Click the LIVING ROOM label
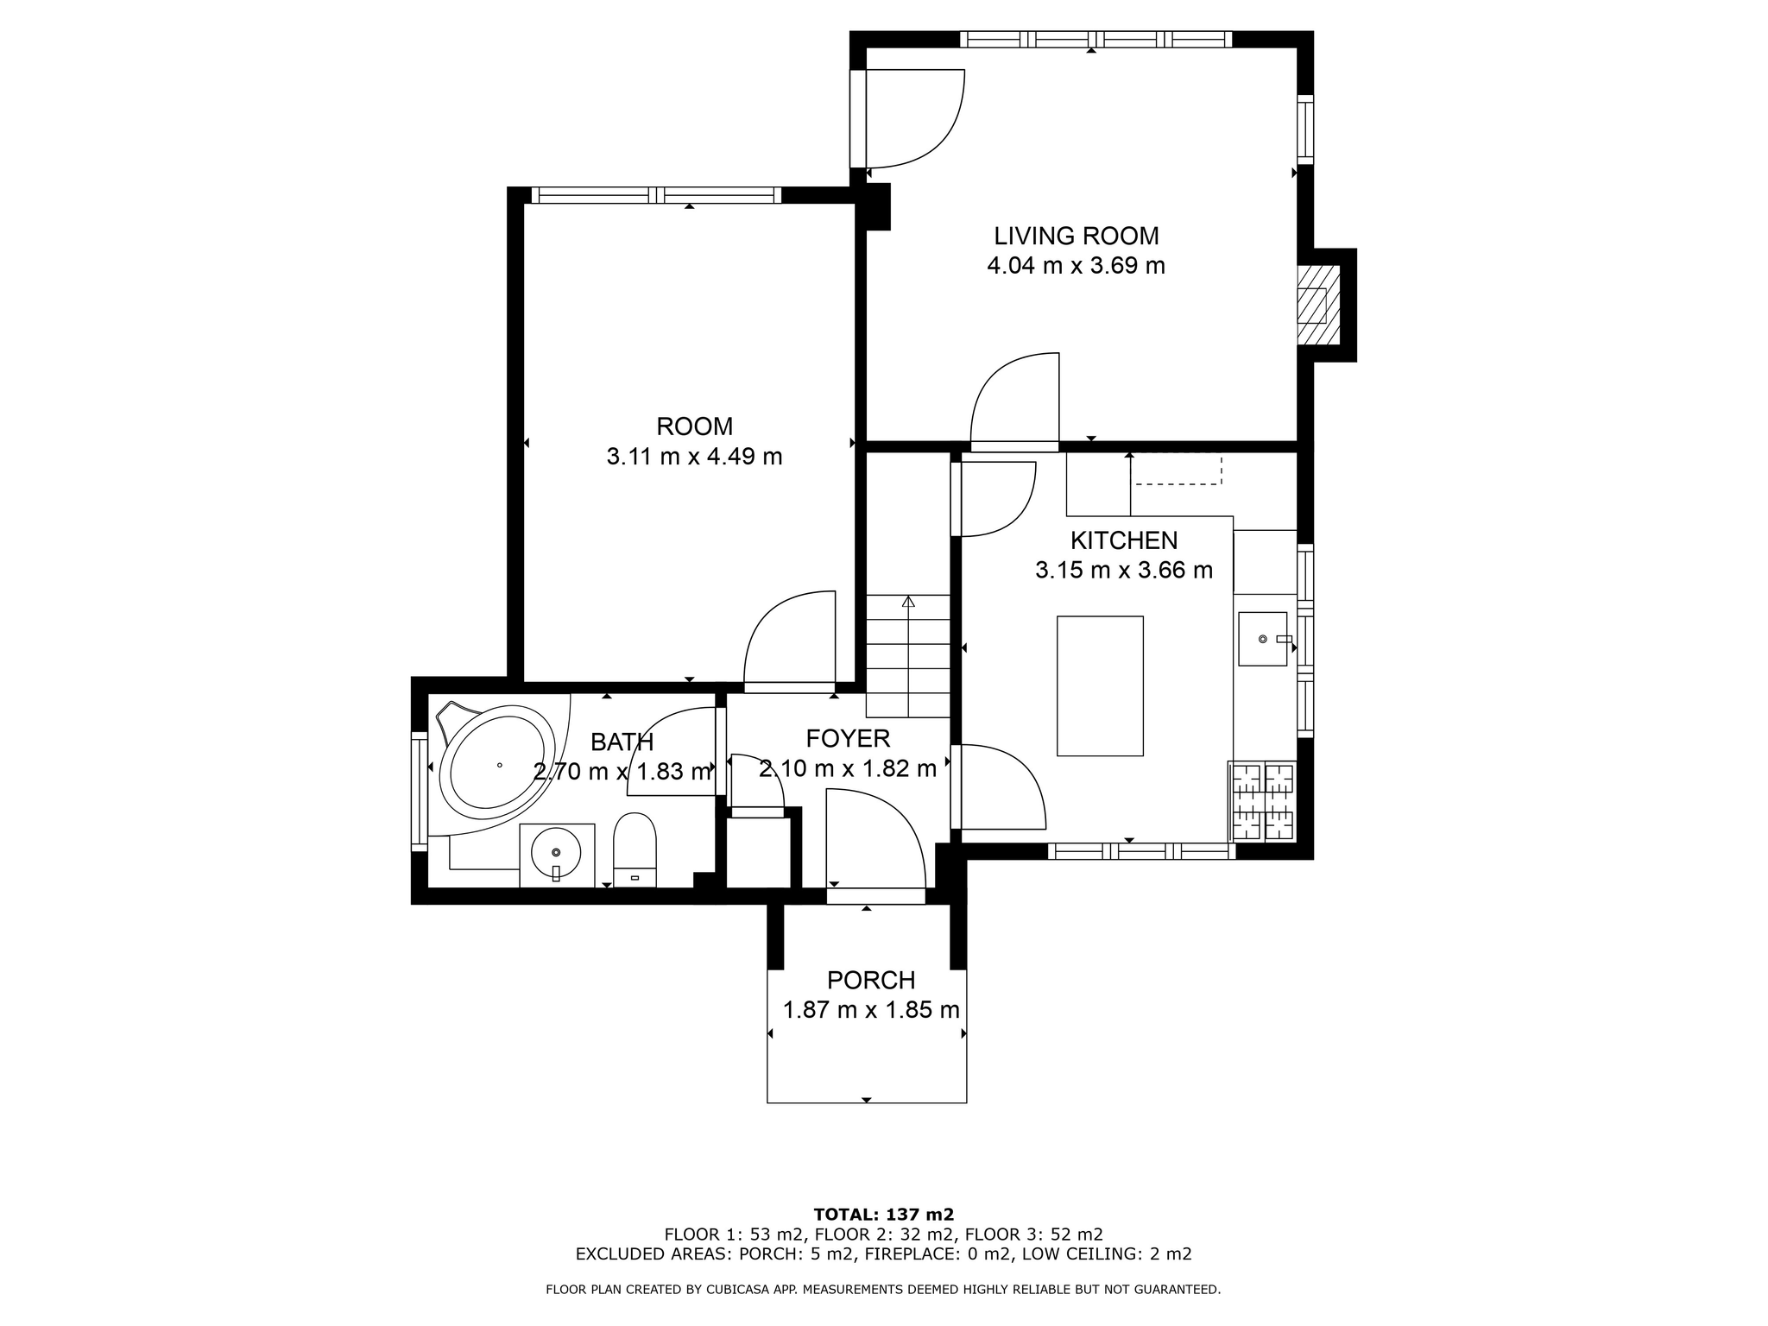[x=1076, y=236]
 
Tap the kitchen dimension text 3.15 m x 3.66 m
[x=1124, y=570]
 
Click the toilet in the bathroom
[x=635, y=849]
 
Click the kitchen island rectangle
[x=1100, y=686]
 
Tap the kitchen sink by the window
[x=1263, y=639]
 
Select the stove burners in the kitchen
[x=1262, y=801]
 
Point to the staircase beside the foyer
[x=908, y=656]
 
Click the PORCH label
[x=871, y=981]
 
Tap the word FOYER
[x=848, y=738]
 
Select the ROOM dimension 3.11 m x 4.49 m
[x=694, y=456]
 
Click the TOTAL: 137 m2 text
[x=884, y=1215]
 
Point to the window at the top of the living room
[x=1096, y=39]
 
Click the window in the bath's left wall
[x=420, y=792]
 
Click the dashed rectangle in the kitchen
[x=1178, y=469]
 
